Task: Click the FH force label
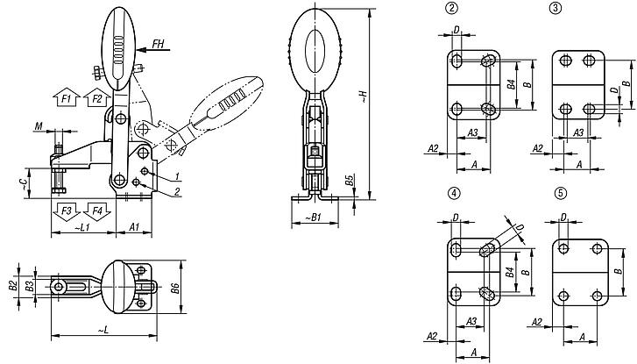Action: tap(158, 43)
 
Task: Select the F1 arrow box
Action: tap(67, 98)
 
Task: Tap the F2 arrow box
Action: tap(96, 98)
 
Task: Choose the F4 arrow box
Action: tap(96, 211)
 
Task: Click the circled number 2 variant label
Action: tap(451, 10)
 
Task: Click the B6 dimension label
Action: tap(175, 285)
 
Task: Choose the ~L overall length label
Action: tap(103, 330)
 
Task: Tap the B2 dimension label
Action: tap(12, 286)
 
